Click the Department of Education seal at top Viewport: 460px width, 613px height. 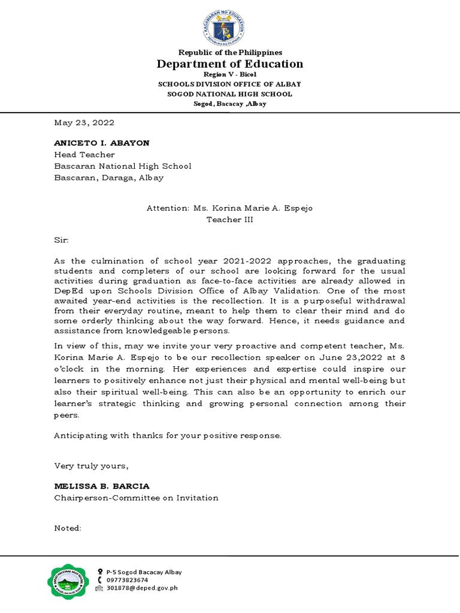[230, 26]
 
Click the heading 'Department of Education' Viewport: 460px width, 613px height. [230, 64]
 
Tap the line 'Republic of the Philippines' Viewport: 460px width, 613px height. [230, 53]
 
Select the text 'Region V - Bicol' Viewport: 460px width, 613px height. [230, 74]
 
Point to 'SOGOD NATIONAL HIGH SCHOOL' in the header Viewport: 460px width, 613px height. [230, 94]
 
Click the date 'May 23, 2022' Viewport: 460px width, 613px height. [84, 123]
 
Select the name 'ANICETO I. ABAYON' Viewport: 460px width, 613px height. [102, 143]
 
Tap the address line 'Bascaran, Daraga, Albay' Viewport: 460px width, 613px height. [108, 177]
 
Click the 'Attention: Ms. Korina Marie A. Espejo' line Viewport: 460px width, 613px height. [230, 208]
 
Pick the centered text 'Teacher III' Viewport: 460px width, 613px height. [230, 220]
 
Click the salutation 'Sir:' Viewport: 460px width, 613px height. [62, 240]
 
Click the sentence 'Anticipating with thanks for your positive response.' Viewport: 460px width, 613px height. [167, 435]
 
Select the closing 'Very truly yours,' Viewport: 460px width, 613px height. [91, 466]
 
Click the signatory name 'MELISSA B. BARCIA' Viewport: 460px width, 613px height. [102, 486]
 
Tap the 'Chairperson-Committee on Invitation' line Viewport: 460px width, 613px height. [136, 497]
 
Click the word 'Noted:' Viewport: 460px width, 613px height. [67, 529]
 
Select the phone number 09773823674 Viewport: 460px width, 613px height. [127, 580]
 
